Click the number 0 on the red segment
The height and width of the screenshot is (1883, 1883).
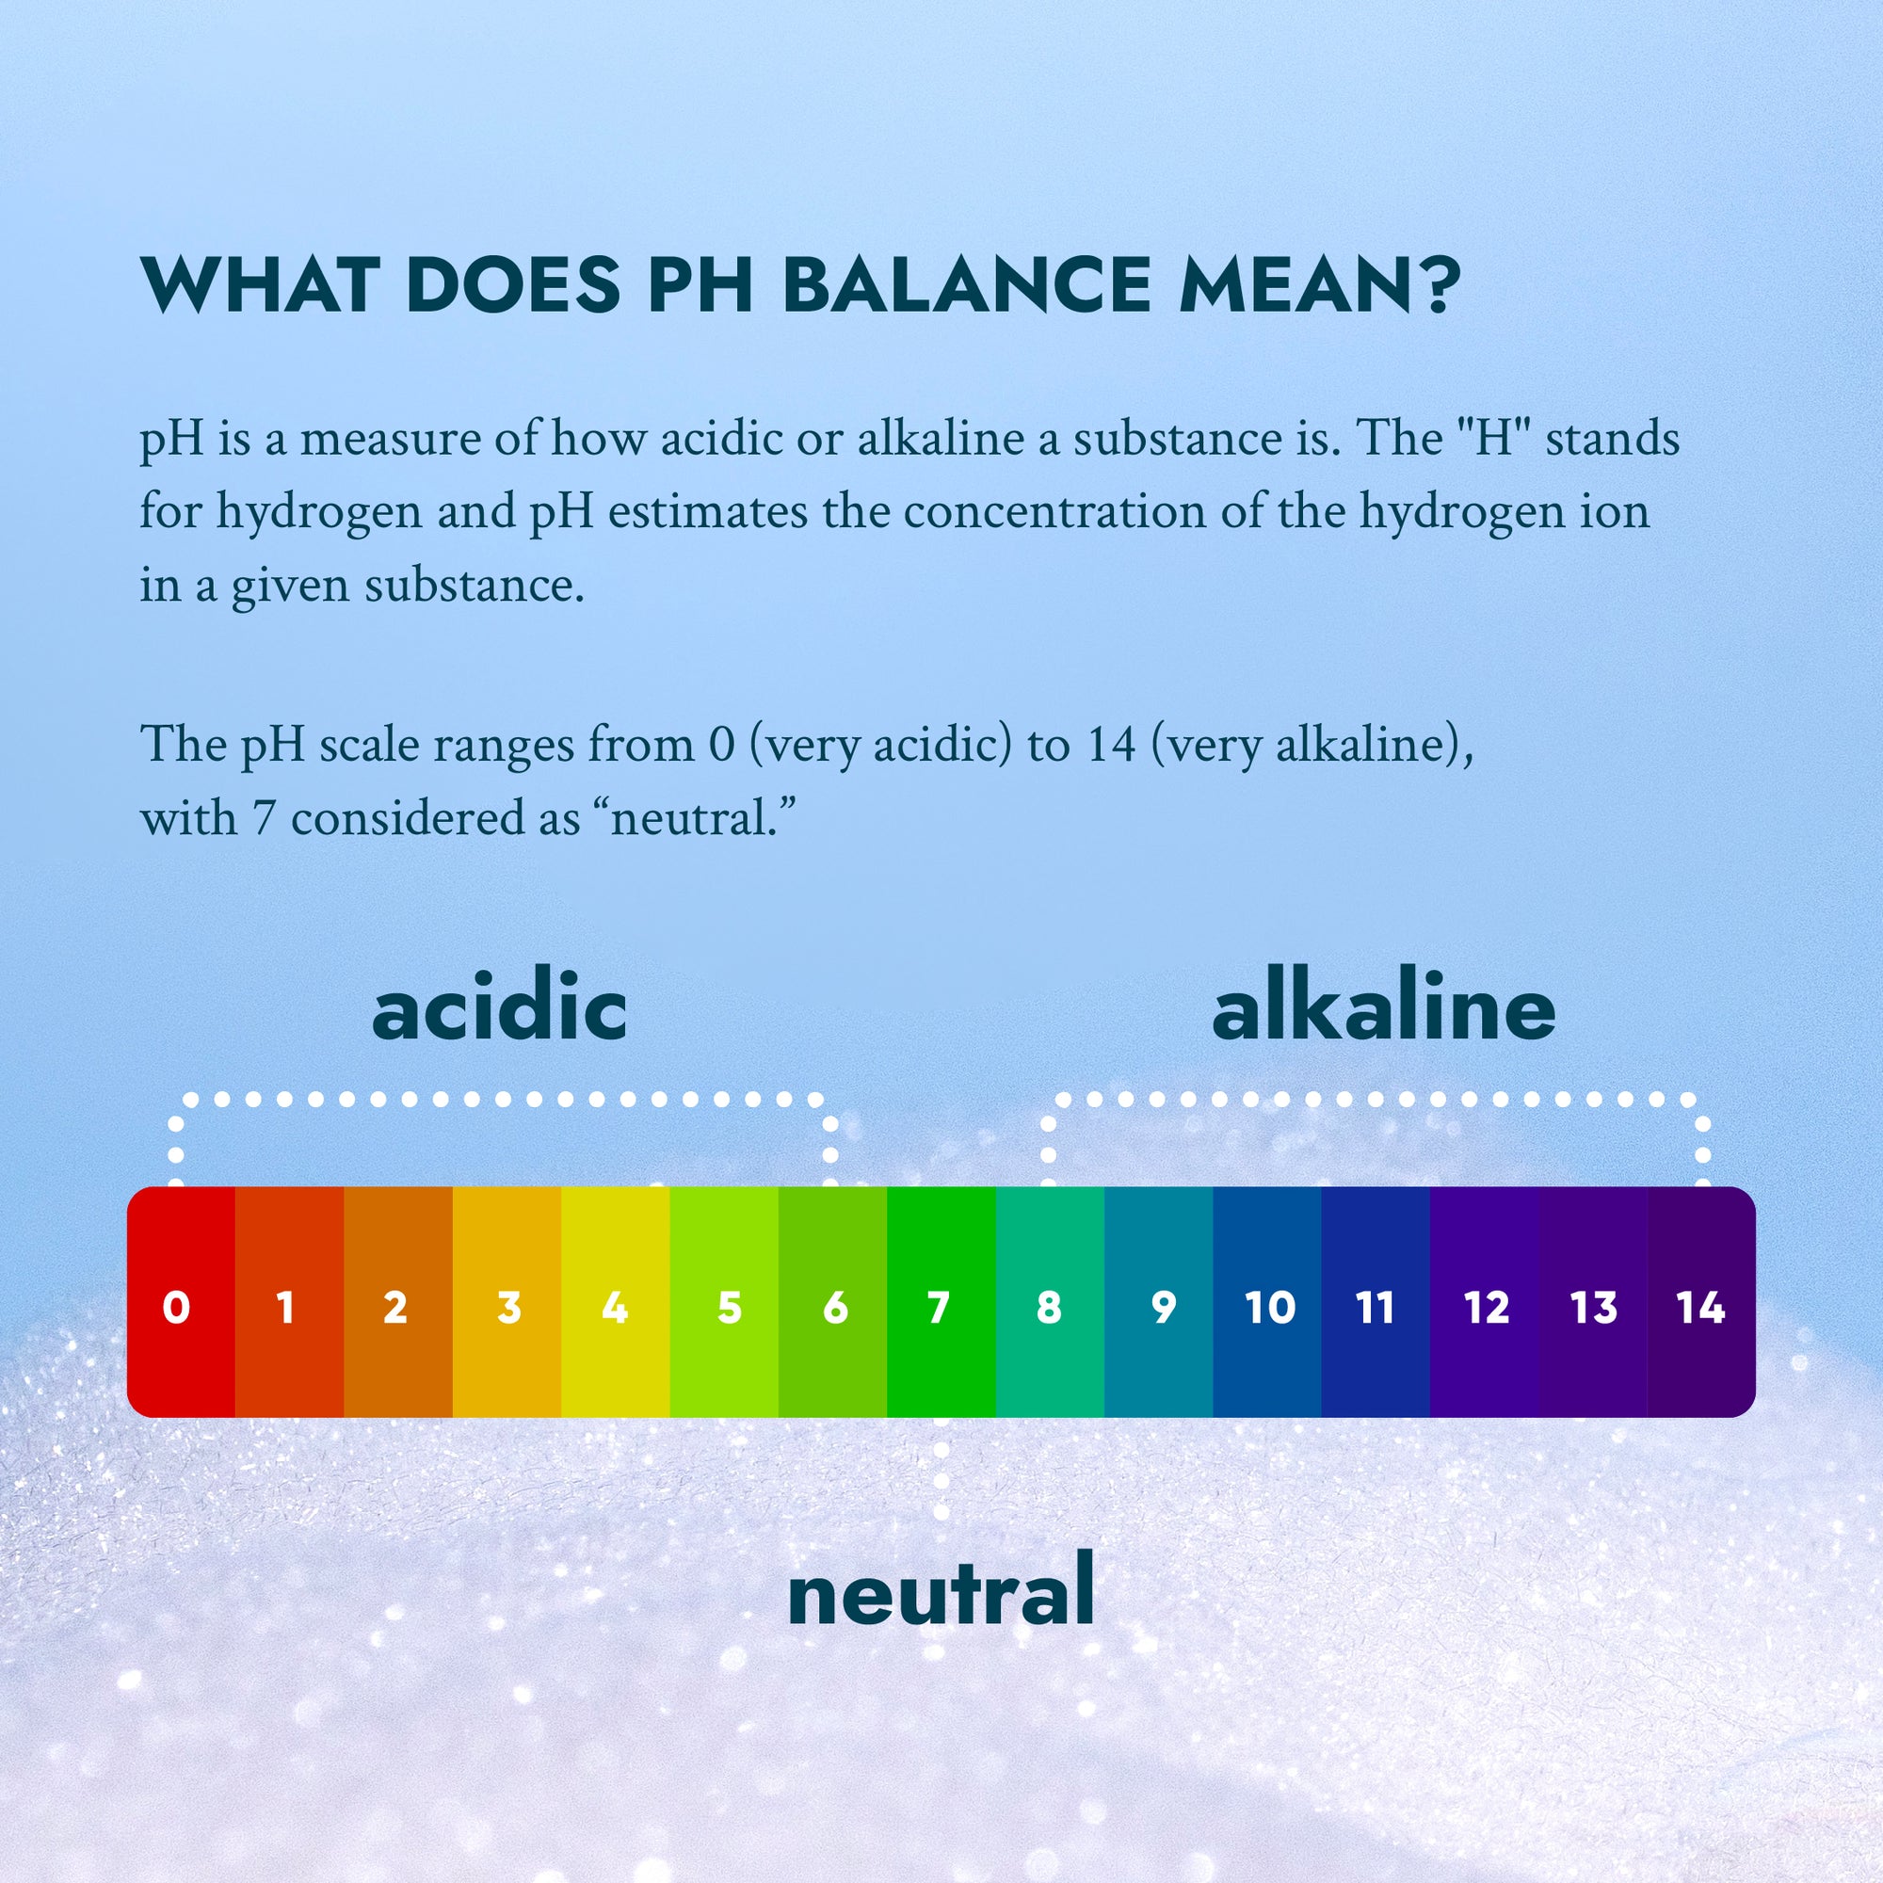pos(176,1308)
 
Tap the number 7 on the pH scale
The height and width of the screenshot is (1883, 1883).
pos(939,1308)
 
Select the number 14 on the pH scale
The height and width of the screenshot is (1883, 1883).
pos(1700,1308)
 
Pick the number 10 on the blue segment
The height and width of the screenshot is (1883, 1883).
pos(1270,1308)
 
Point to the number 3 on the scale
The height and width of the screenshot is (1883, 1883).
pos(507,1308)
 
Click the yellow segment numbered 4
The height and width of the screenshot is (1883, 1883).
pos(615,1302)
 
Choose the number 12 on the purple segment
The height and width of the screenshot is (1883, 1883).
pos(1487,1308)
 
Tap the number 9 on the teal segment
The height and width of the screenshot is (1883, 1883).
pos(1163,1308)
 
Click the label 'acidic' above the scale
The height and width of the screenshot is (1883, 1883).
pos(499,1009)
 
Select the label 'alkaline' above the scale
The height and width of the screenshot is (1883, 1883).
pos(1383,1009)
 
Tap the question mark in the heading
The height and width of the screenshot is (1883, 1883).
pos(1437,284)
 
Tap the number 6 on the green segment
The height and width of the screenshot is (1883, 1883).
pos(835,1308)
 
